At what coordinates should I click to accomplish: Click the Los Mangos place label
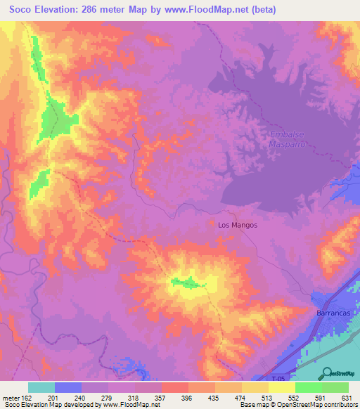coord(238,225)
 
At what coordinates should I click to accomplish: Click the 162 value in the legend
coord(20,397)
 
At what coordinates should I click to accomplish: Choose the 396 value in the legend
coord(186,397)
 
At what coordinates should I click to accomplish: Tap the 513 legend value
coord(266,397)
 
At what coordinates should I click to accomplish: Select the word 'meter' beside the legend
coord(8,397)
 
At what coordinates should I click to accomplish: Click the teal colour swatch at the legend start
coord(41,387)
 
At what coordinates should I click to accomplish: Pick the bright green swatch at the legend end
coord(335,387)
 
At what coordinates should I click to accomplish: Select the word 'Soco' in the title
coord(23,10)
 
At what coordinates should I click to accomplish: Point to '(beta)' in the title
coord(262,10)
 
